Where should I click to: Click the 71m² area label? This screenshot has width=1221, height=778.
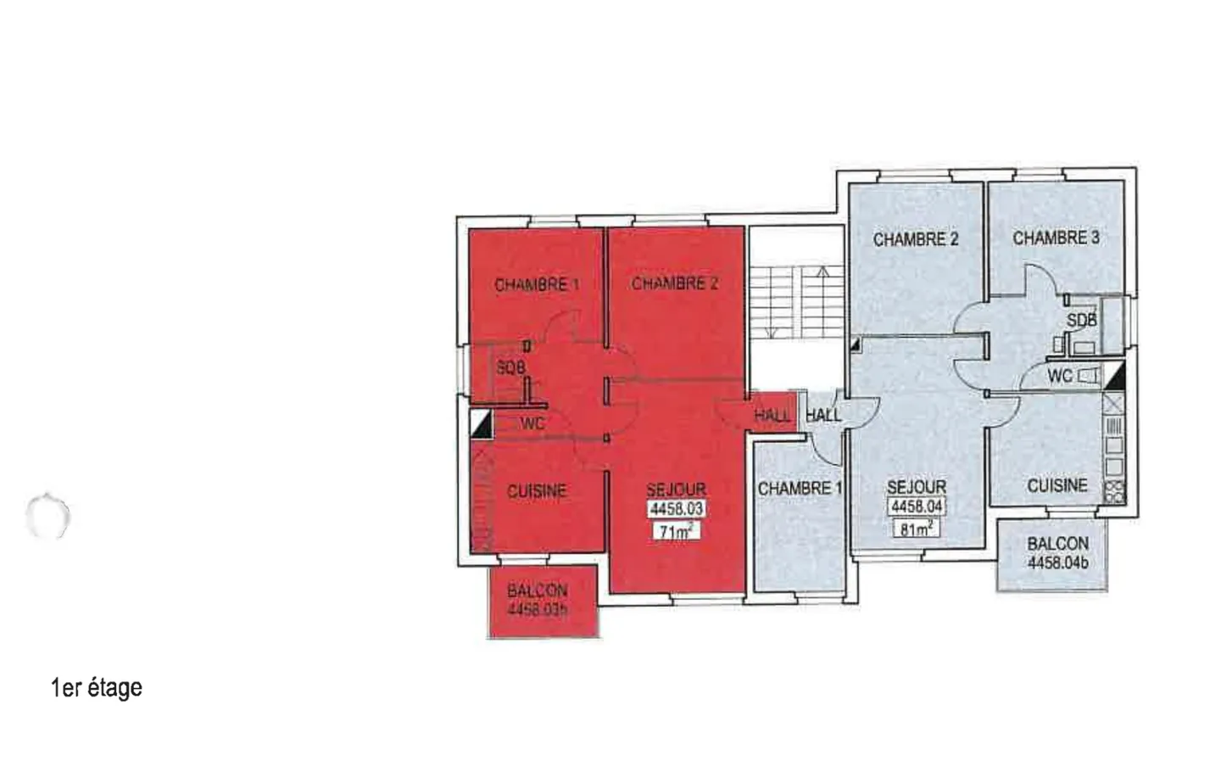click(x=675, y=533)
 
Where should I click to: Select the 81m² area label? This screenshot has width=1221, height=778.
click(x=917, y=529)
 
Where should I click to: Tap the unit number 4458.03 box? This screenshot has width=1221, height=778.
click(x=676, y=509)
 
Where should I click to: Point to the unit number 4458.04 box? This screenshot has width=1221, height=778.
click(x=917, y=507)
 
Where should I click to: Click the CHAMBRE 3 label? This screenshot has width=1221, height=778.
click(x=1056, y=238)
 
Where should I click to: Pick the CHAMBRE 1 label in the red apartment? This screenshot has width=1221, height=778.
click(x=536, y=285)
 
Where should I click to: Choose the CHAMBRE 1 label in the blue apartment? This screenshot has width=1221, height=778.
click(x=800, y=489)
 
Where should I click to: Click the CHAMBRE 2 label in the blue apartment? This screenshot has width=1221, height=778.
click(x=916, y=239)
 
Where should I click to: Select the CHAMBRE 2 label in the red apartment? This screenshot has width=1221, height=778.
click(x=674, y=283)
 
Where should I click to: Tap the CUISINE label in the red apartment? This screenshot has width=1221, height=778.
click(x=537, y=491)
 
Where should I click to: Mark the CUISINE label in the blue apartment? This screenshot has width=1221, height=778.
click(x=1057, y=485)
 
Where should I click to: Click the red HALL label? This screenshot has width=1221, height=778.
click(x=772, y=416)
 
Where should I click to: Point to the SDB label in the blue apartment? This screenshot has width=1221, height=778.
click(x=1081, y=321)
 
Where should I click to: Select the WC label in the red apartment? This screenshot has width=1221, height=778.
click(x=532, y=423)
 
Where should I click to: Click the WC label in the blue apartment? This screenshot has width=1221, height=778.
click(x=1060, y=376)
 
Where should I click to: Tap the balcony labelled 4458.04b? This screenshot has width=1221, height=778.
click(x=1057, y=552)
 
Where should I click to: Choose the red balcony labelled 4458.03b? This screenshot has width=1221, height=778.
click(x=538, y=600)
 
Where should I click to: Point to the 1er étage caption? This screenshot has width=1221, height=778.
click(x=97, y=687)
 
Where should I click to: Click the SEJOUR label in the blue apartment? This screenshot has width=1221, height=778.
click(x=917, y=487)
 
